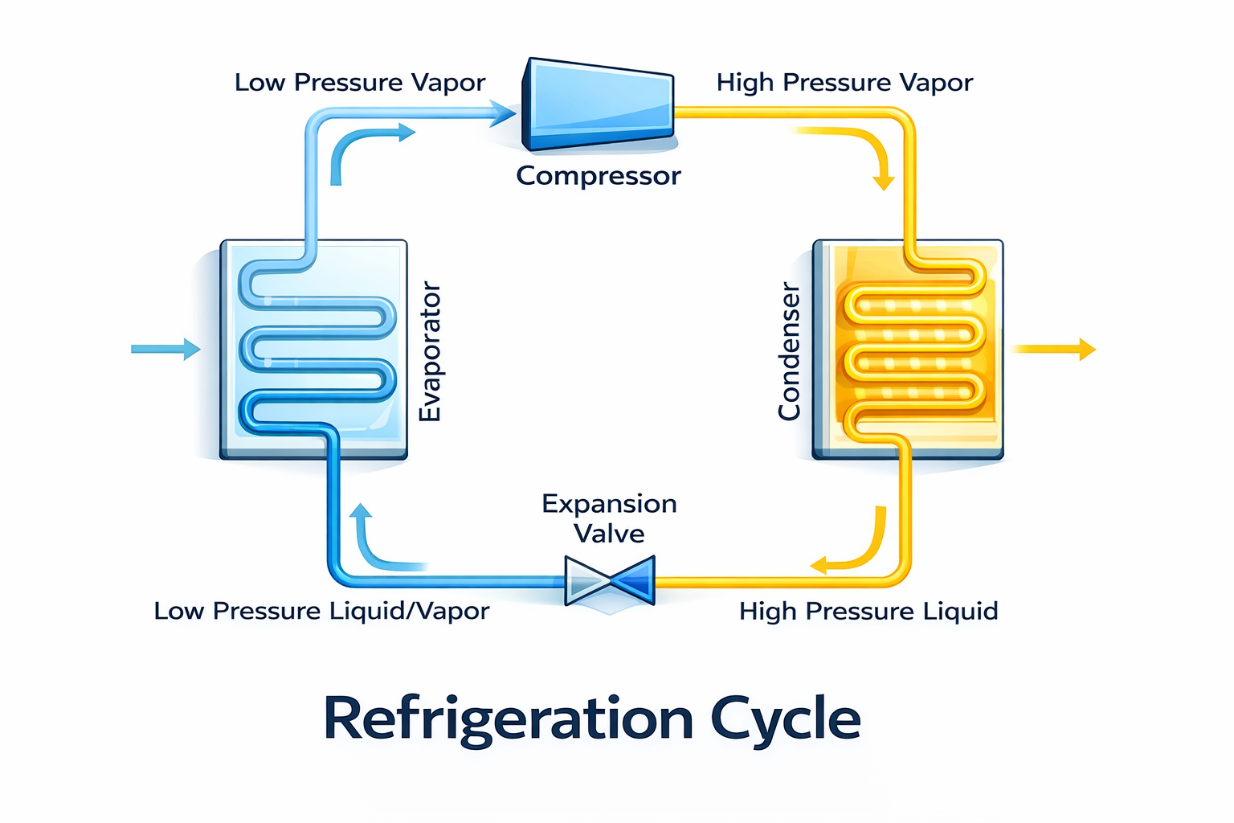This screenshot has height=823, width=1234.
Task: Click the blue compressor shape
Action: [599, 104]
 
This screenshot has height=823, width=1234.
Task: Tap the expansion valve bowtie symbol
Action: [610, 579]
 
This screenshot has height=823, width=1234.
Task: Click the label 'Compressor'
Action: [599, 175]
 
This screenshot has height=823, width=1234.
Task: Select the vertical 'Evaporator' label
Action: [431, 351]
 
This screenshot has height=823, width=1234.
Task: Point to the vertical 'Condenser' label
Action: [789, 351]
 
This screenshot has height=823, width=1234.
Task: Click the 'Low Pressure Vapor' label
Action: [360, 83]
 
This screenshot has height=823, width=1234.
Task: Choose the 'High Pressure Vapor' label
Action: [844, 83]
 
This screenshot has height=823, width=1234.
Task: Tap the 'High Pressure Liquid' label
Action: [868, 611]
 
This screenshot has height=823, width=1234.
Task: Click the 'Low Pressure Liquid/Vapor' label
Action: [321, 611]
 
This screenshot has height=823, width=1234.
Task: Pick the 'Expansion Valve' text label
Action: [609, 518]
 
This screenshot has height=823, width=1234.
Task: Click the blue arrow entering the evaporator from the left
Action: [165, 349]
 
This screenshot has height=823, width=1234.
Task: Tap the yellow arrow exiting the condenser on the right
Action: [1053, 349]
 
